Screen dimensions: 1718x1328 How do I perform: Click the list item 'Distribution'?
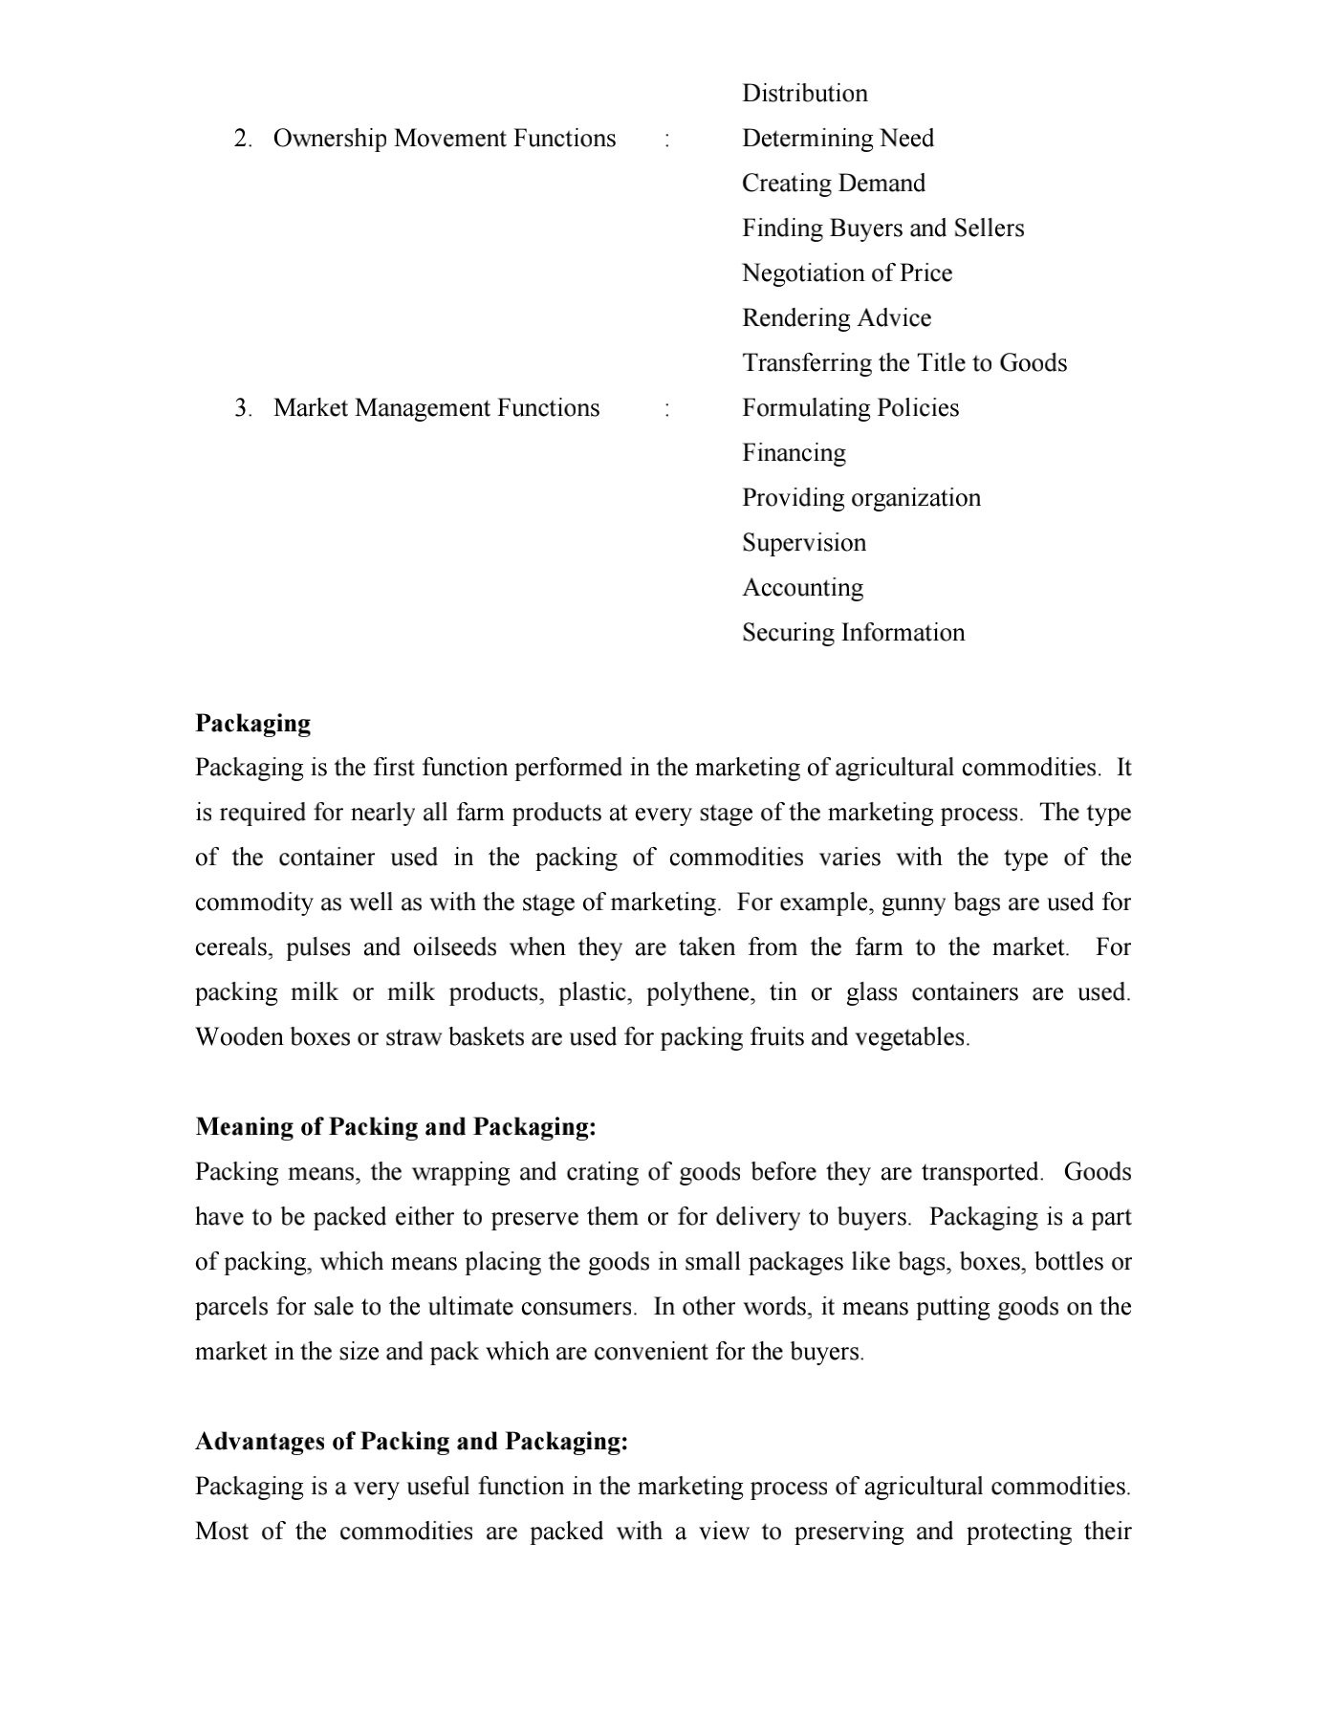click(804, 94)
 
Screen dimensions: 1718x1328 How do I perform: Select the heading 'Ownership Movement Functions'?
click(444, 139)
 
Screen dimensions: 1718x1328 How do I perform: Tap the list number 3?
click(242, 408)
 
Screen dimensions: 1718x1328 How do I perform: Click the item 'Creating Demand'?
click(833, 184)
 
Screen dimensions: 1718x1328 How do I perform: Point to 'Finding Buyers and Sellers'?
click(882, 228)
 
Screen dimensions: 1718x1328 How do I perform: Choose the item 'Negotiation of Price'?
click(846, 273)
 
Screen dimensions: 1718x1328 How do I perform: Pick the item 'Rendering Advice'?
click(836, 318)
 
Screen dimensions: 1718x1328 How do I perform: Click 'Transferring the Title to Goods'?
click(903, 363)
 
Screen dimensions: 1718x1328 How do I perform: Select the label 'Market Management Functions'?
click(436, 408)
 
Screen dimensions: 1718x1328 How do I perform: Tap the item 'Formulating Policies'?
click(850, 408)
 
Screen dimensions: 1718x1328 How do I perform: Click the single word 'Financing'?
click(794, 453)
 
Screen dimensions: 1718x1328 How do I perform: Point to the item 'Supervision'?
click(803, 543)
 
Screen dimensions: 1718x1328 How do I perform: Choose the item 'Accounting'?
click(802, 588)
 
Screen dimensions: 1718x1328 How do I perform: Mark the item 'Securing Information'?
click(853, 633)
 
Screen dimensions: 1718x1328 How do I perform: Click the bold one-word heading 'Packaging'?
click(252, 723)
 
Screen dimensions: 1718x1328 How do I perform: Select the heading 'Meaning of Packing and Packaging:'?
click(395, 1127)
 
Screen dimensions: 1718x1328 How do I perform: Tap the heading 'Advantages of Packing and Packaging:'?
click(411, 1442)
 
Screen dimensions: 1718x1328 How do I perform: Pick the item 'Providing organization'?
click(860, 498)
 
